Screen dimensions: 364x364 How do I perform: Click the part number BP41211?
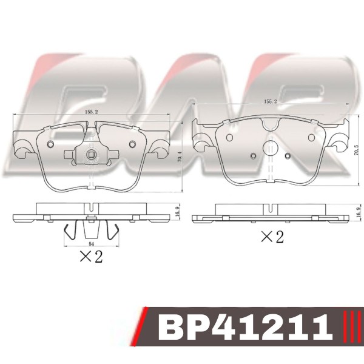[x=245, y=327]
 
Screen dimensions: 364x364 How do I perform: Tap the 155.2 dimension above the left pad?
[x=91, y=112]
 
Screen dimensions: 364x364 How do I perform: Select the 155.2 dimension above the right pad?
[x=271, y=102]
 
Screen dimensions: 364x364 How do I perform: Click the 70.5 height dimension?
[x=357, y=151]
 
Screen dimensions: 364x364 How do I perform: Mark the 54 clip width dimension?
[x=91, y=244]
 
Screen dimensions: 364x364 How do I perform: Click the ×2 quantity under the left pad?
[x=91, y=257]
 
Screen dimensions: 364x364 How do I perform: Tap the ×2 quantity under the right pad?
[x=272, y=237]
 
